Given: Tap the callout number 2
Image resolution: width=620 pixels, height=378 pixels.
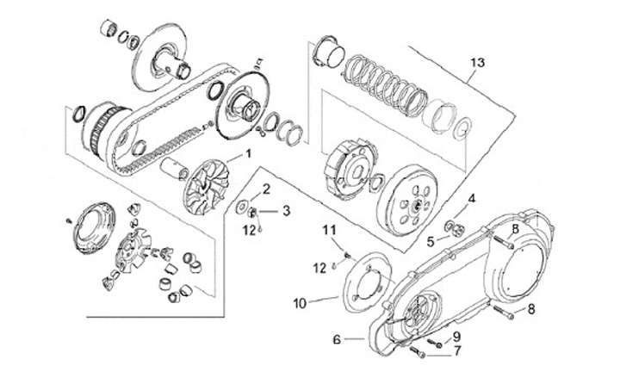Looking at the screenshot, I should tap(267, 189).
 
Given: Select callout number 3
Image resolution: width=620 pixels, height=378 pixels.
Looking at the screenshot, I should tap(287, 209).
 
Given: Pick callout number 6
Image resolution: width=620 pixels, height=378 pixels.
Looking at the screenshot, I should tap(338, 340).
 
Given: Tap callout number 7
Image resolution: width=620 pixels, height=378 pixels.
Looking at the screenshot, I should tap(458, 351).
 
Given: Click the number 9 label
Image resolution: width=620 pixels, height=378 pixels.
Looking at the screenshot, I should tap(457, 336).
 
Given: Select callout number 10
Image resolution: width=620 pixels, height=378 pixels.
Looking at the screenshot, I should tap(300, 302).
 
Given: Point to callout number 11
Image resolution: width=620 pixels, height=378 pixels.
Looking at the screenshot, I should tap(327, 229).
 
